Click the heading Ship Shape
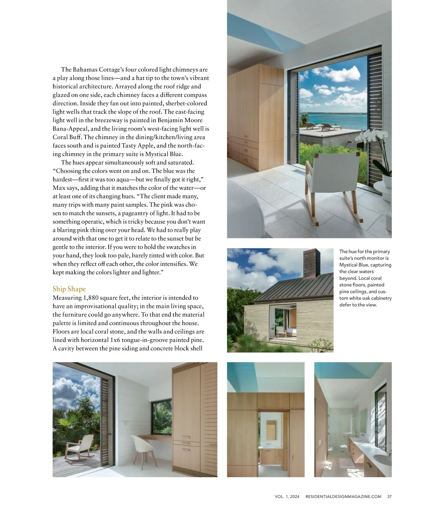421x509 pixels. [x=69, y=289]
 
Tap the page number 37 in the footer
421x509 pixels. [x=389, y=496]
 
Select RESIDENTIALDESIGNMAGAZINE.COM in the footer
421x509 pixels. [x=343, y=496]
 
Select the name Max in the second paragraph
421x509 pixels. [x=59, y=188]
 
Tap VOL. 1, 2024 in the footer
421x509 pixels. [x=287, y=496]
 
